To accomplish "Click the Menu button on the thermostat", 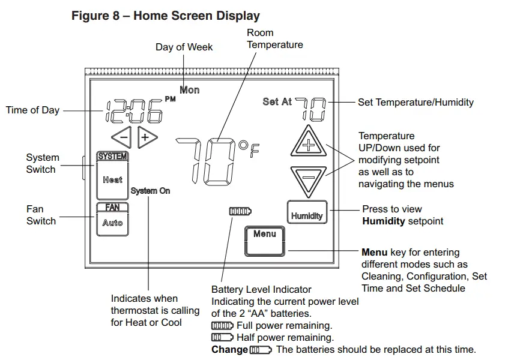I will click(x=264, y=240).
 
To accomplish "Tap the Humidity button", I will click(x=307, y=214).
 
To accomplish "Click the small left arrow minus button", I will click(x=122, y=137).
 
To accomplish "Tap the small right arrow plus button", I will click(x=146, y=137).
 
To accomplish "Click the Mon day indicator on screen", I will click(x=190, y=90).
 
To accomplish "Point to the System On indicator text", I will click(x=150, y=191).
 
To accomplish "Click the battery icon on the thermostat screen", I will click(x=240, y=211).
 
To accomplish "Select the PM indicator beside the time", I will click(x=170, y=99).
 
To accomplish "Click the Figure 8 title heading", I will click(x=166, y=16).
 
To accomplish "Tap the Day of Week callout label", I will click(x=184, y=47).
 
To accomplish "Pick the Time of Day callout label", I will click(x=32, y=110).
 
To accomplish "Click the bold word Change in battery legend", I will click(x=229, y=350).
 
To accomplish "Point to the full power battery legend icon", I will click(x=222, y=326).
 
